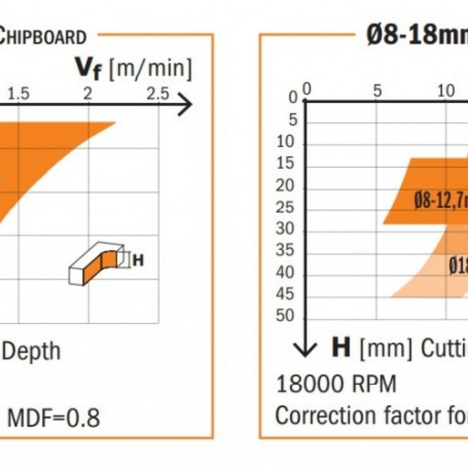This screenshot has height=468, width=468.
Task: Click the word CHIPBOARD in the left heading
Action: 44,36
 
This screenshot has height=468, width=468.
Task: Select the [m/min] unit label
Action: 153,69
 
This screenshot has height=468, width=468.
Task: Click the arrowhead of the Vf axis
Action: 185,105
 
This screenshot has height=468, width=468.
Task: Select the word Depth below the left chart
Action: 32,351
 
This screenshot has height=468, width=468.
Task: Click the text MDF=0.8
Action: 53,418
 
